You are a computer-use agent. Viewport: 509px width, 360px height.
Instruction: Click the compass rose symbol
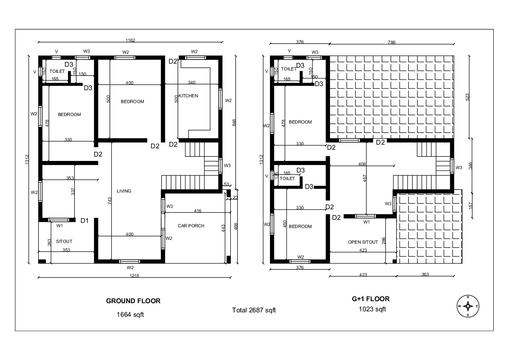coord(468,306)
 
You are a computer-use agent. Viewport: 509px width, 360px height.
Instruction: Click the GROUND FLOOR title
coord(133,301)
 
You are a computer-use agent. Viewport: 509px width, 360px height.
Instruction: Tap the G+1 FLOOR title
coord(371,299)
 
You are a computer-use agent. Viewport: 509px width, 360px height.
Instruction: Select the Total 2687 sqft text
coord(254,310)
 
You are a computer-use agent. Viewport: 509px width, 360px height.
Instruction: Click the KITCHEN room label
coord(188,96)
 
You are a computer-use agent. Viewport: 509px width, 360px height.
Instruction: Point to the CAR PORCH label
coord(191,226)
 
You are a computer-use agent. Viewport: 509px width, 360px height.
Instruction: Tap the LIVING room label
coord(124,191)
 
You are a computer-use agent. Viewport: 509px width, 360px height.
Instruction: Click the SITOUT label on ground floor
coord(64,241)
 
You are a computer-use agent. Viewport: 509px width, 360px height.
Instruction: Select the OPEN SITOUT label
coord(363,242)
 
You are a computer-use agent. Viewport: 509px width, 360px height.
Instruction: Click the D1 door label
coord(84,221)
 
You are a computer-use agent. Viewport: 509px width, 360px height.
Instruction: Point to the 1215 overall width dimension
coord(135,276)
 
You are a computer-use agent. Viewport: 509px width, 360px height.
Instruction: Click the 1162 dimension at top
coord(130,40)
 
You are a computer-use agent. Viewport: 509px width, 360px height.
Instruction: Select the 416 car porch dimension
coord(198,211)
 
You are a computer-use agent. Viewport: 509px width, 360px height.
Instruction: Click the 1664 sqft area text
coord(130,315)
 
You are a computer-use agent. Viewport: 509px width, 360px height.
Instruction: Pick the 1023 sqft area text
coord(372,309)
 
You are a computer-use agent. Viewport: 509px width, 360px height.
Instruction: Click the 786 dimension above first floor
coord(392,43)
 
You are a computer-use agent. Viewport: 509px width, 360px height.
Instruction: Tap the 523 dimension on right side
coord(467,97)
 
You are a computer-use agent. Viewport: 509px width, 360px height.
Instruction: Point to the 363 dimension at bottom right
coord(425,274)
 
